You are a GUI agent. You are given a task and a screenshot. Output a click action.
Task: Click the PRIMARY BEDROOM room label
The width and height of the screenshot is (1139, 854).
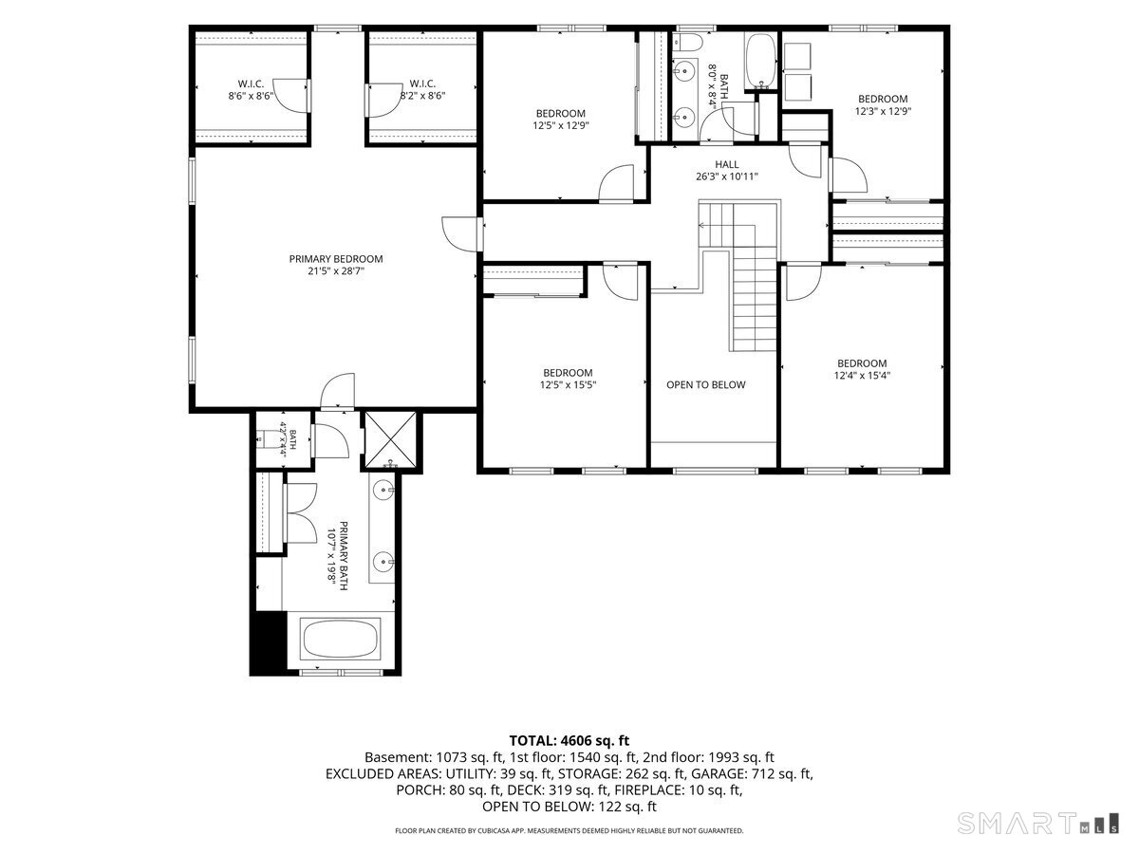[x=336, y=259]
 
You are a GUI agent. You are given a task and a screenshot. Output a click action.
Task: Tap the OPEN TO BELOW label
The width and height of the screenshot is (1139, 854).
[x=706, y=384]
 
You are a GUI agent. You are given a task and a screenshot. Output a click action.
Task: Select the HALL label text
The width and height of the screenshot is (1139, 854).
[x=726, y=164]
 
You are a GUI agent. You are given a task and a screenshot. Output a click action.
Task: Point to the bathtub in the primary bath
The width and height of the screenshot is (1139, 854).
[x=341, y=639]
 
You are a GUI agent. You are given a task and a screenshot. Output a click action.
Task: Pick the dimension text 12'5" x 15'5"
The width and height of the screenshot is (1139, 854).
[x=568, y=384]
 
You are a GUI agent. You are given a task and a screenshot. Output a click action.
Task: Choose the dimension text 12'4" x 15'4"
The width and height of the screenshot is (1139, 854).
[x=862, y=376]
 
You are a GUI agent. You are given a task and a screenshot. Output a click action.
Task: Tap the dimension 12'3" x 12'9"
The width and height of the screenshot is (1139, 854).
[x=883, y=111]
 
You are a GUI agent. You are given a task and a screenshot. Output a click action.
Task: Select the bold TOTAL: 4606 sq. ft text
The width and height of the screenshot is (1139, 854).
[x=569, y=740]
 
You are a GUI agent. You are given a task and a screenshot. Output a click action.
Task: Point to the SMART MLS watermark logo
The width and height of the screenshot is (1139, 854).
[x=1037, y=823]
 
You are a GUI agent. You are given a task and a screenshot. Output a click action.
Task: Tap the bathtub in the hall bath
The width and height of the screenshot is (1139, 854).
[x=760, y=61]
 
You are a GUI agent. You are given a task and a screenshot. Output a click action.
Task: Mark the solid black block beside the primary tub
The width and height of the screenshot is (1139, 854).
[x=269, y=642]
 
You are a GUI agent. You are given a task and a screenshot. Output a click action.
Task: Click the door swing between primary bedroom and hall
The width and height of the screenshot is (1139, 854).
[x=459, y=233]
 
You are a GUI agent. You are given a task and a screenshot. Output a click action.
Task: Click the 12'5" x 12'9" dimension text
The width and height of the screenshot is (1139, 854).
[x=560, y=125]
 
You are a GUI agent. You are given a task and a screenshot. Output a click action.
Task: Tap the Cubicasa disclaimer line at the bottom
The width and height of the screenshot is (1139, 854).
[x=569, y=830]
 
